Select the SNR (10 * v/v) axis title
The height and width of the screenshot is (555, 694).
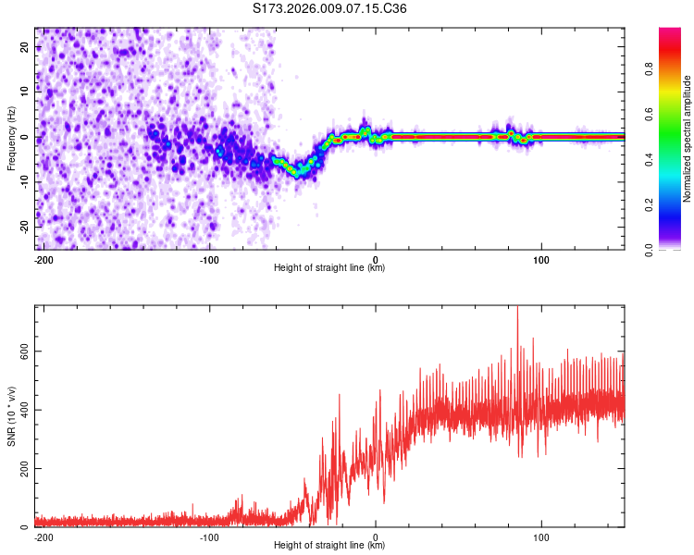click(10, 416)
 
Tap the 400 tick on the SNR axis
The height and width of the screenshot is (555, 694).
click(21, 410)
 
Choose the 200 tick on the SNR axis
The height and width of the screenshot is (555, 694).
click(21, 469)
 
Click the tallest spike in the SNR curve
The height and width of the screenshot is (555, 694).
click(517, 309)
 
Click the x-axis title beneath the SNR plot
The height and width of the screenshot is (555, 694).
click(329, 546)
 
